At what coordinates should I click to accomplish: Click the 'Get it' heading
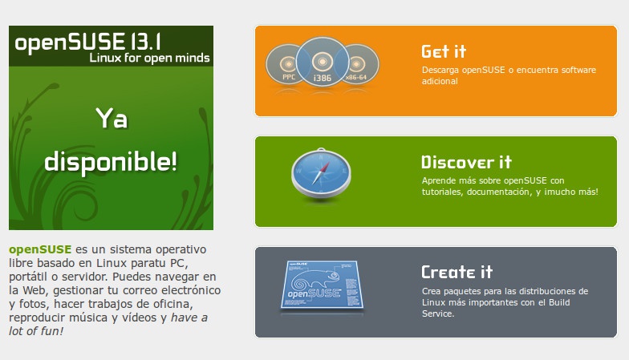444,51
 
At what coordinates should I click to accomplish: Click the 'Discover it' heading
466,162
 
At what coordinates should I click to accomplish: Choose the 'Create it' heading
457,273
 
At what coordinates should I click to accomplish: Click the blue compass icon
321,175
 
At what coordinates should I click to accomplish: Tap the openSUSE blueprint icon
322,286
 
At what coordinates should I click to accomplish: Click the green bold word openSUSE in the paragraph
40,249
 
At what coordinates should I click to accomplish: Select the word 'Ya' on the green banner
112,119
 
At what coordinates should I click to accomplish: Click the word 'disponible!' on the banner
111,162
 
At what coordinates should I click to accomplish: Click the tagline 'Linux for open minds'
149,58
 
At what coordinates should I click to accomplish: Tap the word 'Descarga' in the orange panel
440,71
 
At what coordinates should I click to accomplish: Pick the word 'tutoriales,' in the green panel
443,192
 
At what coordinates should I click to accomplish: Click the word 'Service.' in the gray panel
438,314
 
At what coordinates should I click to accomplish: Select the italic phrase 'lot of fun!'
36,331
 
